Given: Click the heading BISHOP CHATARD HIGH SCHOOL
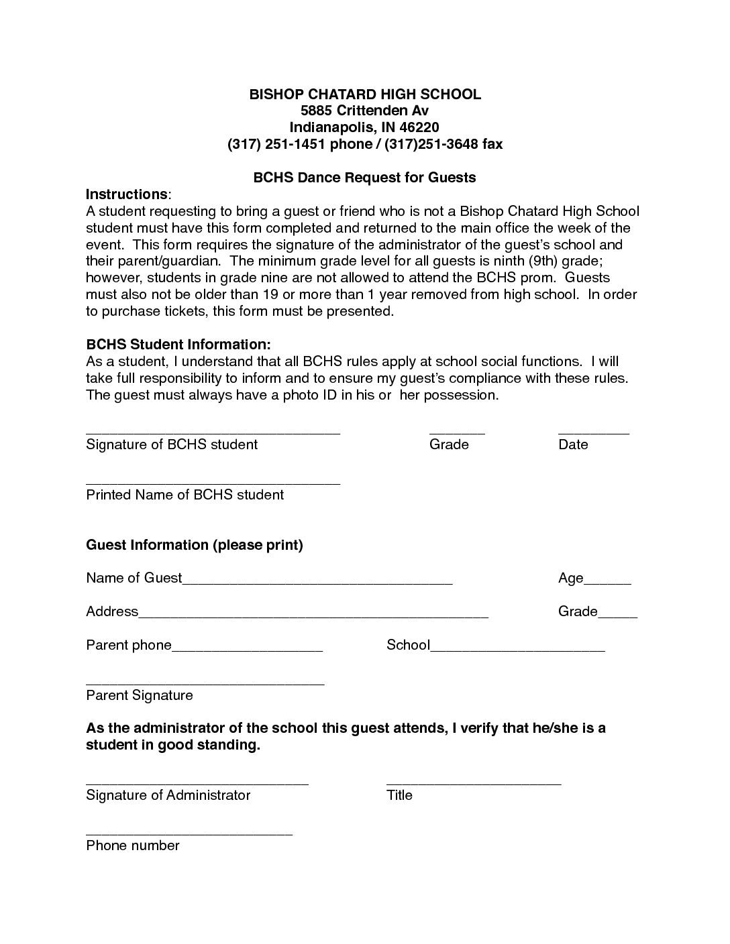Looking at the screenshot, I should [365, 95].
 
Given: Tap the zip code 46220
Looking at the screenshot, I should [419, 127].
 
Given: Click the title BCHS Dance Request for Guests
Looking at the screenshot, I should [364, 178].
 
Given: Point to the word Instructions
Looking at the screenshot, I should [127, 194].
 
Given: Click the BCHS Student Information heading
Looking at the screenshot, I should [178, 345].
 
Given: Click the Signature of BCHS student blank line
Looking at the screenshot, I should [213, 432].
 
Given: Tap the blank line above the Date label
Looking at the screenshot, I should [593, 432].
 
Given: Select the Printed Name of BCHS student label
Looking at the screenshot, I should [185, 495].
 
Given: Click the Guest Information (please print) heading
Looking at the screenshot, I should [195, 545].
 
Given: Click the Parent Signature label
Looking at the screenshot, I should [140, 695].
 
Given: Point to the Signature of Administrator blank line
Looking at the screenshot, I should [197, 782].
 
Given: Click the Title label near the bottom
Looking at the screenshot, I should [399, 796].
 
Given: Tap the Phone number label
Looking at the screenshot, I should [133, 845].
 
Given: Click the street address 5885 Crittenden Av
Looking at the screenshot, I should [364, 111].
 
